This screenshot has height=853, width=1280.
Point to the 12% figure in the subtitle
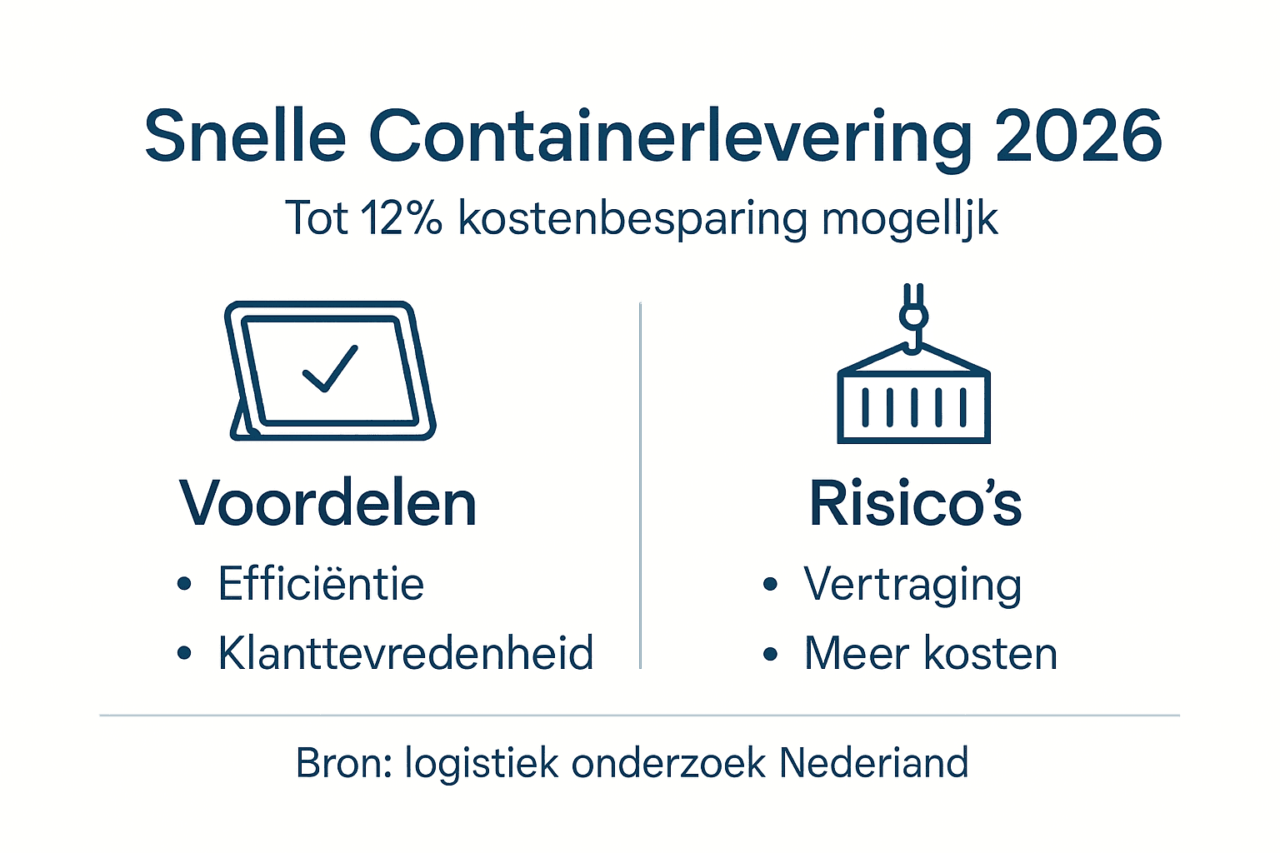[x=402, y=219]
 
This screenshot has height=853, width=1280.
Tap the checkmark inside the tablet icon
[x=330, y=368]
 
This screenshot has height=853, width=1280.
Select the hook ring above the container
[x=913, y=317]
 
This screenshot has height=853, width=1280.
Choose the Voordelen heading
[x=327, y=504]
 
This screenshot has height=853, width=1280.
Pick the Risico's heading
[x=915, y=504]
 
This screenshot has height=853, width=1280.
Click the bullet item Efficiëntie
[x=321, y=584]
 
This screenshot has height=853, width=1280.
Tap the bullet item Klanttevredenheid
[x=406, y=653]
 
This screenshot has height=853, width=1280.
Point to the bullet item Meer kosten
[x=931, y=653]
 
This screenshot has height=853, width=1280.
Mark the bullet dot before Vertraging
[x=770, y=585]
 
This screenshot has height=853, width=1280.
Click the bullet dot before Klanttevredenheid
[x=184, y=654]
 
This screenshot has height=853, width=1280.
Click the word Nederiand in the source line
[x=874, y=763]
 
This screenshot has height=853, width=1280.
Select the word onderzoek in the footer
[x=668, y=763]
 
